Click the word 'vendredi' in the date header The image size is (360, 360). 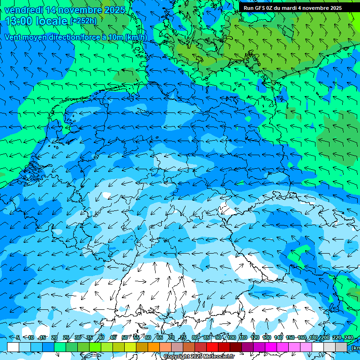click(22, 10)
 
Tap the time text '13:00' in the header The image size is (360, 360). click(18, 21)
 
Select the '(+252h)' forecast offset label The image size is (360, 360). click(83, 21)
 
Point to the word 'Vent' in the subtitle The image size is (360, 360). click(13, 37)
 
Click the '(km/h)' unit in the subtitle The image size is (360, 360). click(136, 37)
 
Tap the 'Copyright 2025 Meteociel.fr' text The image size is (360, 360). click(199, 356)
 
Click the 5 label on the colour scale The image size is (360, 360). click(18, 337)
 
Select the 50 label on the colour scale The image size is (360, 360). click(124, 337)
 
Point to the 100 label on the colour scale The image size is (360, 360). click(231, 337)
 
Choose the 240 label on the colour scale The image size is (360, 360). click(348, 337)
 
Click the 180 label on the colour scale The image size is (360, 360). click(313, 337)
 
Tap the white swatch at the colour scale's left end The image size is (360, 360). click(13, 347)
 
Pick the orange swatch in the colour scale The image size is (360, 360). click(154, 347)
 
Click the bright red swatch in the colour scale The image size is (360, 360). click(212, 347)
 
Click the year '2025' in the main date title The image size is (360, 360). click(115, 10)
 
